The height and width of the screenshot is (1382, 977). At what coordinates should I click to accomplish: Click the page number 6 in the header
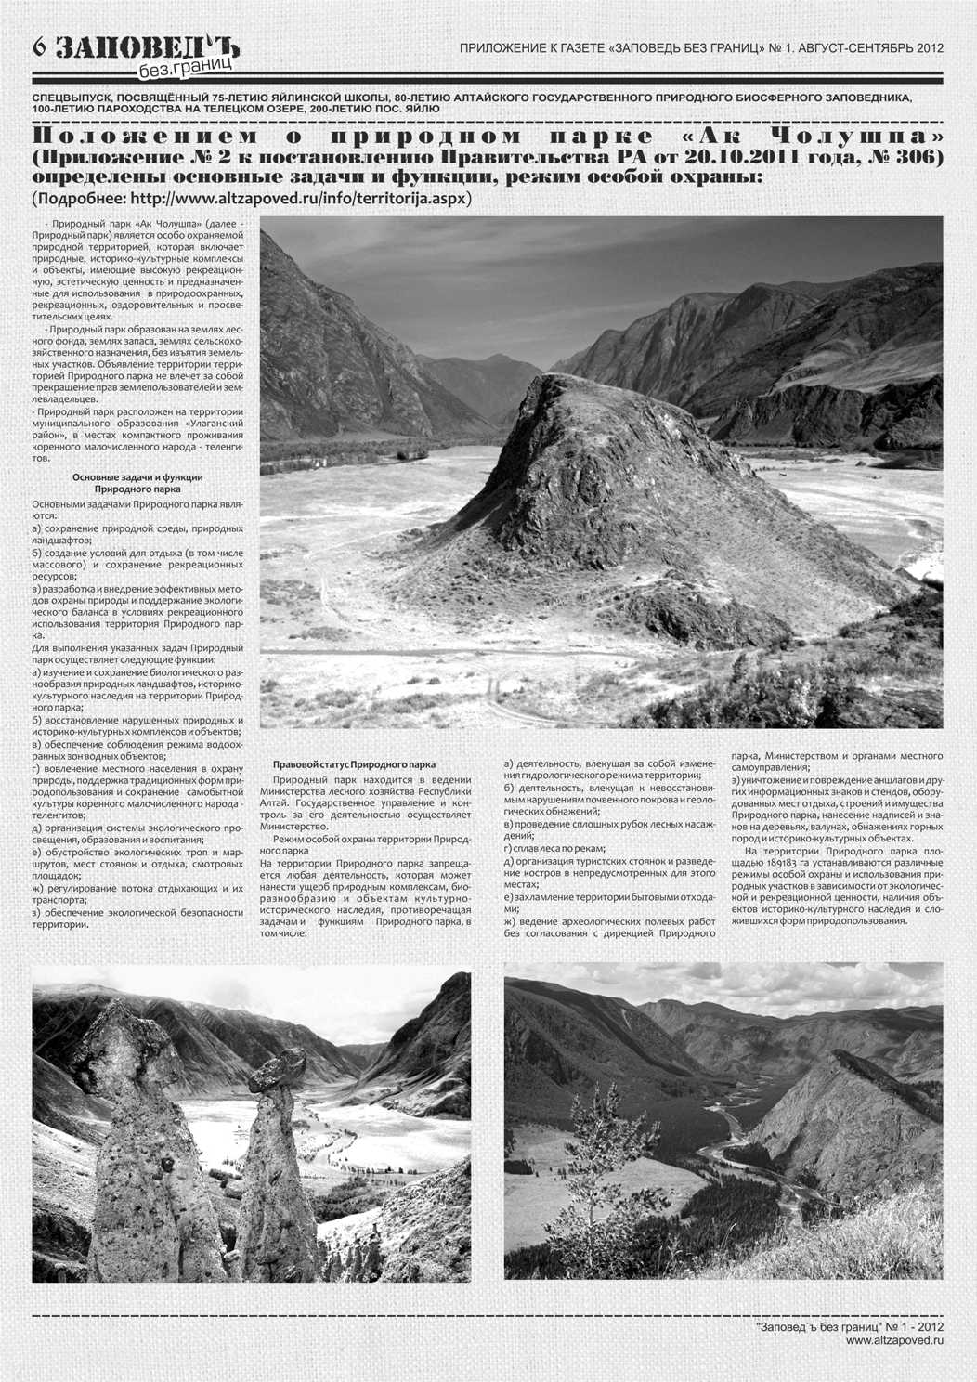(x=40, y=46)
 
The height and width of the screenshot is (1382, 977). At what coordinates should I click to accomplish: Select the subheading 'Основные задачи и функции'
(x=137, y=477)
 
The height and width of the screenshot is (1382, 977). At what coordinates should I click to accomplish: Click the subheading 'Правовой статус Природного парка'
(x=354, y=764)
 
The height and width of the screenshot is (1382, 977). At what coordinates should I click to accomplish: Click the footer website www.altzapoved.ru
(x=894, y=1340)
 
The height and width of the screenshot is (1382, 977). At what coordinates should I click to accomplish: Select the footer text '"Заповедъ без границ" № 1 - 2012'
(x=850, y=1327)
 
